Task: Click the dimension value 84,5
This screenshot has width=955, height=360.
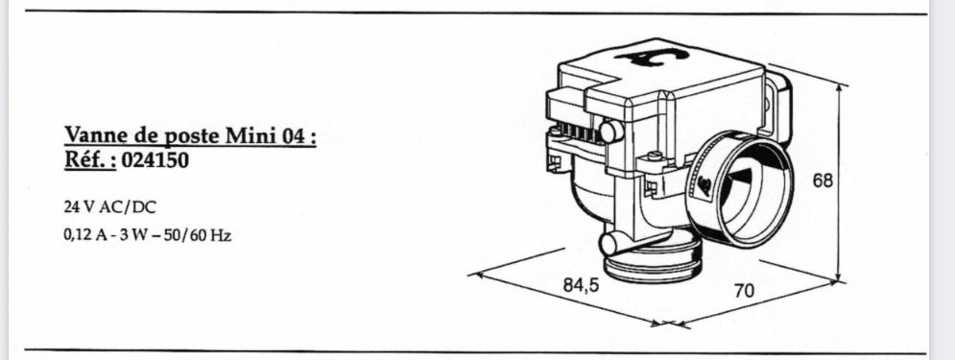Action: click(581, 285)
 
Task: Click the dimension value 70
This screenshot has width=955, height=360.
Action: click(744, 291)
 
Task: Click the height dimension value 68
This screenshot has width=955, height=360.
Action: click(823, 180)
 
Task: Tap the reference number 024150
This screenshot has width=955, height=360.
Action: click(155, 160)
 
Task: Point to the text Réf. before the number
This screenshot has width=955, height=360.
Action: click(90, 160)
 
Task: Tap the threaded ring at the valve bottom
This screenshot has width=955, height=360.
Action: click(652, 263)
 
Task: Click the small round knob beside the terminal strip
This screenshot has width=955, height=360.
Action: click(611, 131)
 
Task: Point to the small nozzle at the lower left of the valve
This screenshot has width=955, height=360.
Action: click(611, 244)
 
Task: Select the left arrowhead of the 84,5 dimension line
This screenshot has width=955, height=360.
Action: click(476, 276)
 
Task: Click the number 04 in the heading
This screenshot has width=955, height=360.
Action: click(293, 135)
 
